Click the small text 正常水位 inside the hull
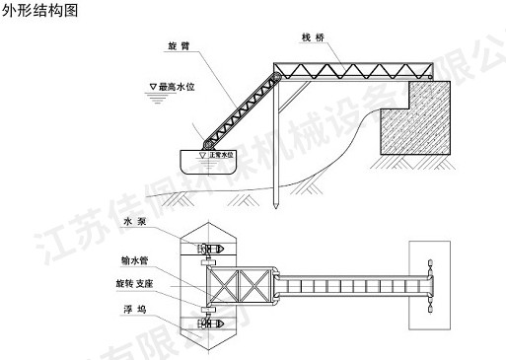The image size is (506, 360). (x=226, y=155)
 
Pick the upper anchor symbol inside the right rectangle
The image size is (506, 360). (x=431, y=264)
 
